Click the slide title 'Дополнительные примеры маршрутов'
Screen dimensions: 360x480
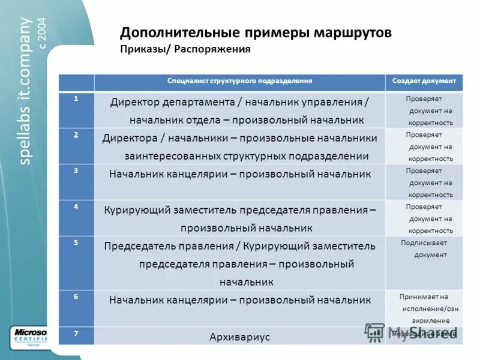pos(256,32)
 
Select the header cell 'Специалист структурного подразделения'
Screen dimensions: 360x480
pos(239,80)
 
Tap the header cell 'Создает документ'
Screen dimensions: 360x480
pos(424,80)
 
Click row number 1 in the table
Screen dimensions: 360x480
pos(76,98)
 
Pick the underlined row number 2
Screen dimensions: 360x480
pos(76,134)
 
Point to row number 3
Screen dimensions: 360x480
pos(76,170)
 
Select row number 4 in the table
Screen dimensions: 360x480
pos(76,206)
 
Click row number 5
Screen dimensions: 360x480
pos(76,242)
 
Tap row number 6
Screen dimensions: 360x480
pos(76,296)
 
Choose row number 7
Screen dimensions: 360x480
pos(76,332)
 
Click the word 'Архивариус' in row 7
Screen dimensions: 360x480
pos(239,337)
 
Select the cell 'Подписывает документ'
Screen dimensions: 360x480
pos(424,248)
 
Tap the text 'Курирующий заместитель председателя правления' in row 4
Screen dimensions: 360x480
pos(239,211)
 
